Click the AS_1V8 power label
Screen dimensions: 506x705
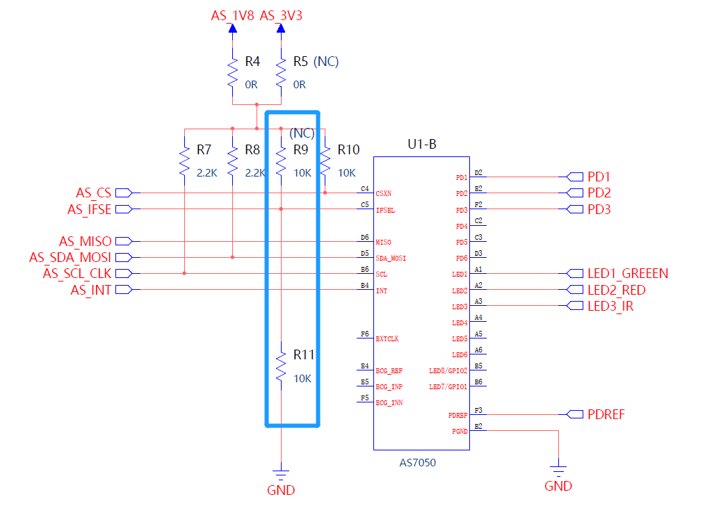233,15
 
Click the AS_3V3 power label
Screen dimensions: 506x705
281,15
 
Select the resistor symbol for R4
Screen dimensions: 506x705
233,72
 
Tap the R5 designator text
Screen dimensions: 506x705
300,62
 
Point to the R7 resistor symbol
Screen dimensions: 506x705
184,161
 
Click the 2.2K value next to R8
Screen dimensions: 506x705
255,173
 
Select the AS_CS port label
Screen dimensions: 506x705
93,193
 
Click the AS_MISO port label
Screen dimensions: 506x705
85,241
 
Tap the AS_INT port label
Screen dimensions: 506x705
90,290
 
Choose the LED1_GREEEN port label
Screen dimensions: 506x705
627,273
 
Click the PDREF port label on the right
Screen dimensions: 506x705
606,414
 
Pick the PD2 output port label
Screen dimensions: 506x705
599,193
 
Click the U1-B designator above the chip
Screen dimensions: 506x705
421,145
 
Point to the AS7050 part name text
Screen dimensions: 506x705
419,462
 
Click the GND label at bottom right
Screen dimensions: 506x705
558,487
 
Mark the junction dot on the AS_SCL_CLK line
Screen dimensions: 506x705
184,273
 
